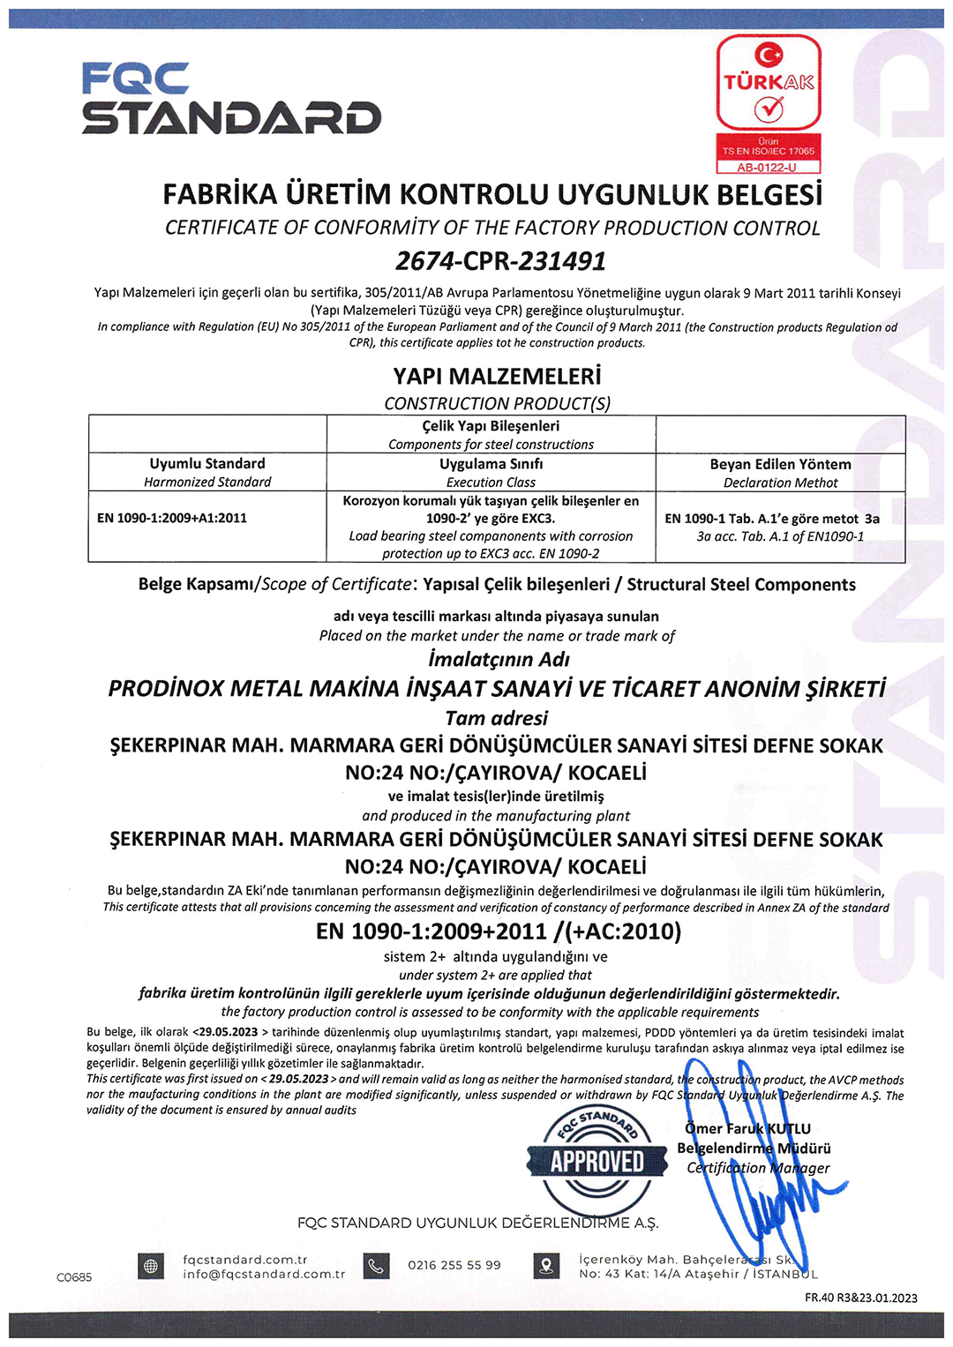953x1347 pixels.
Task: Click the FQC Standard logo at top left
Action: tap(231, 98)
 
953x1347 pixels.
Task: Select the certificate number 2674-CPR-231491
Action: tap(500, 261)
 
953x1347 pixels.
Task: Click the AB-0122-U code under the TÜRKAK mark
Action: tap(767, 167)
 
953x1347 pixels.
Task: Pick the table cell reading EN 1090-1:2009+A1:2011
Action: tap(172, 518)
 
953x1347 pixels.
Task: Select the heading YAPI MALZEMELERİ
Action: tap(497, 377)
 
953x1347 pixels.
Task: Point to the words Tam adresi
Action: tap(496, 718)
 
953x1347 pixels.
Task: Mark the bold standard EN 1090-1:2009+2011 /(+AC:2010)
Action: tap(499, 932)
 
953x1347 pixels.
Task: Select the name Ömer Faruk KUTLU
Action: tap(747, 1128)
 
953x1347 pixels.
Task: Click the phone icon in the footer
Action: tap(376, 1266)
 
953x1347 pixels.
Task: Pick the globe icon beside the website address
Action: tap(151, 1266)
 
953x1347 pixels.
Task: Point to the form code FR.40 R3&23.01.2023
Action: tap(860, 1298)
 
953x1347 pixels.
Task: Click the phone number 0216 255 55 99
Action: tap(454, 1265)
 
